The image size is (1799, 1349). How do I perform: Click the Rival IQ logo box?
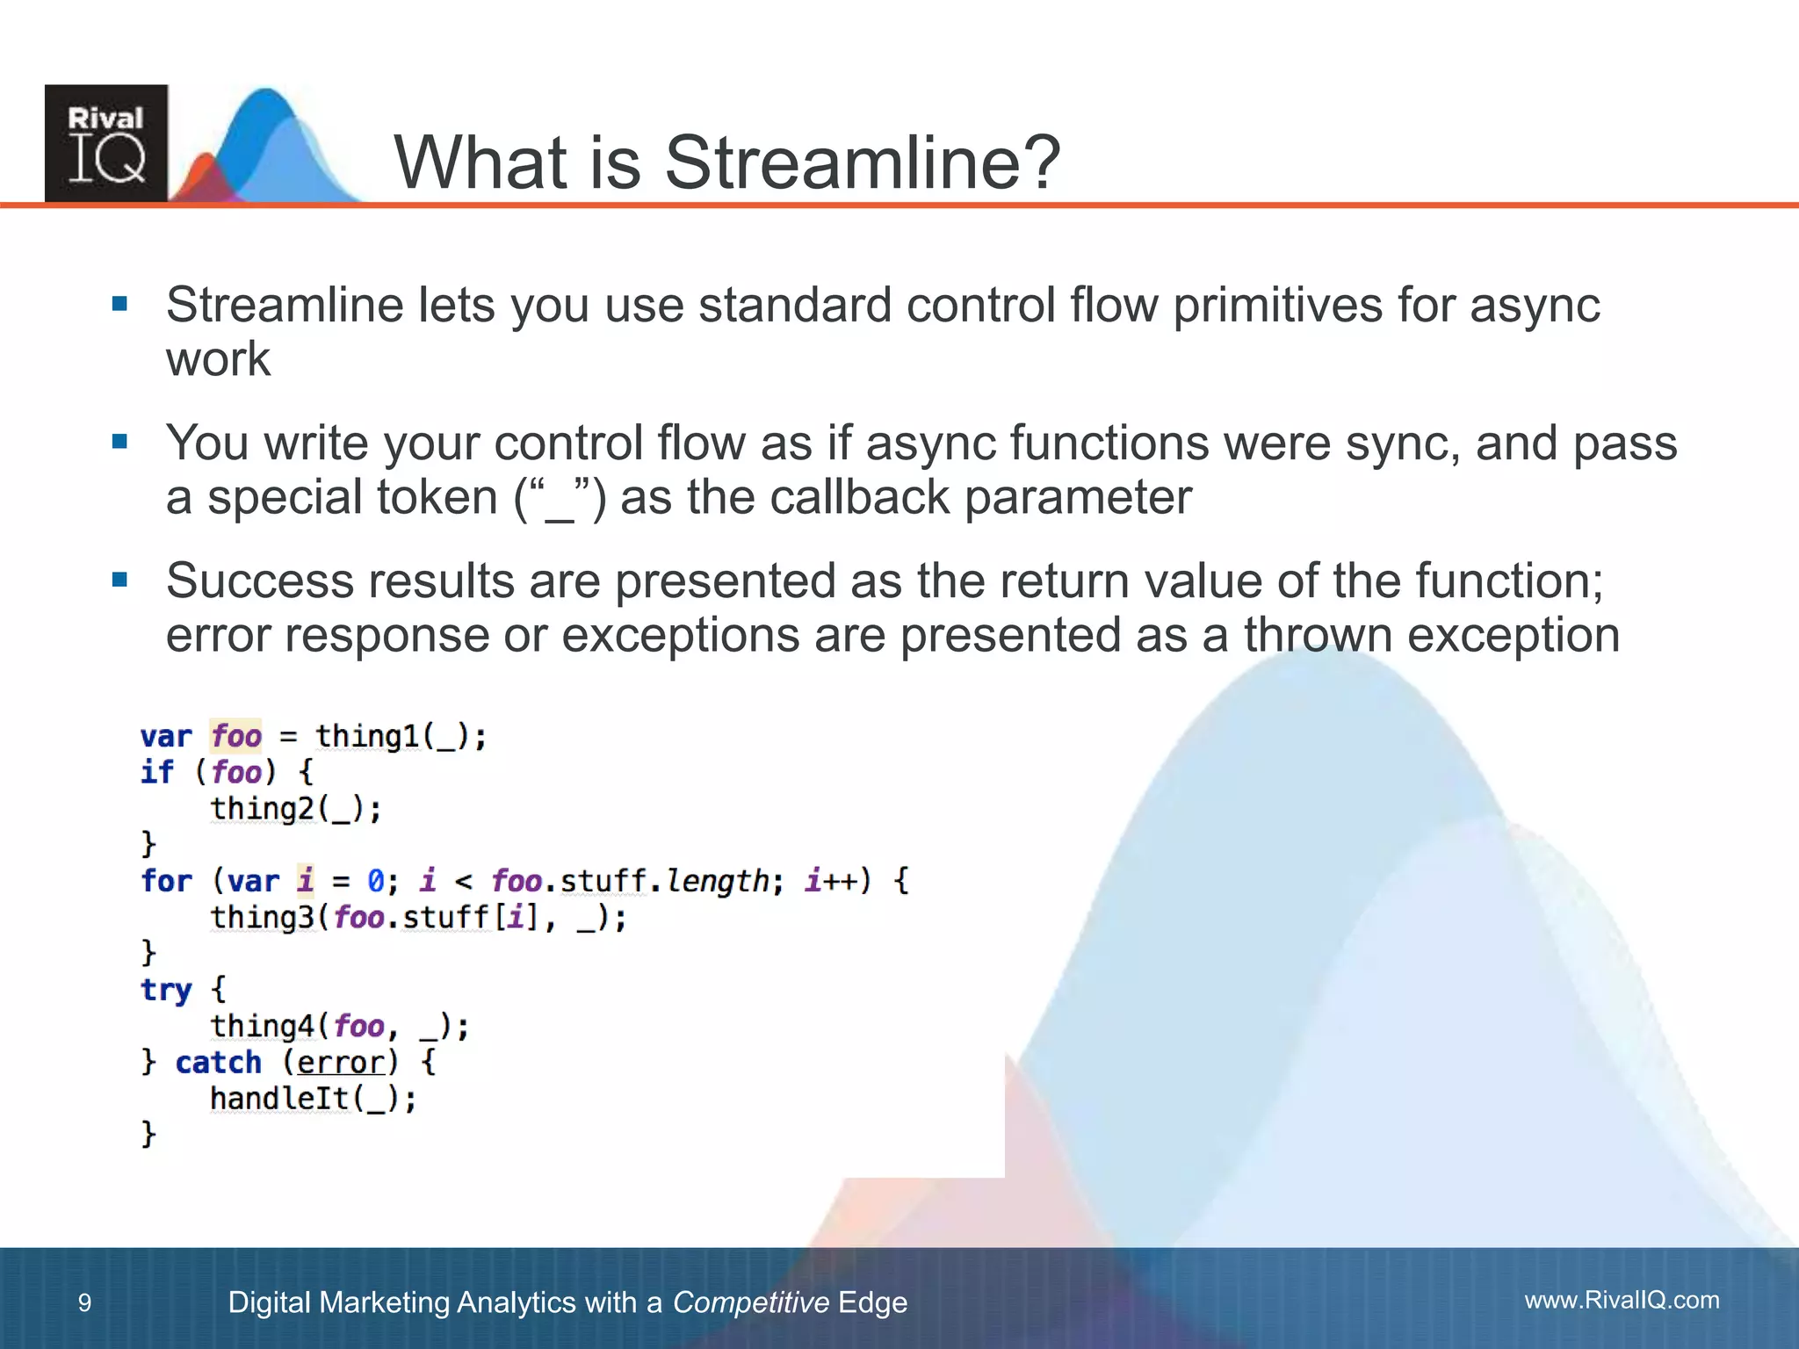point(106,143)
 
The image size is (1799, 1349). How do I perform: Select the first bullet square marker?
point(120,305)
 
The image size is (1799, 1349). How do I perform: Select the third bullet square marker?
point(120,581)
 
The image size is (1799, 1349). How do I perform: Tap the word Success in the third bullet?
point(259,581)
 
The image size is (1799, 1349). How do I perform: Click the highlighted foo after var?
point(236,736)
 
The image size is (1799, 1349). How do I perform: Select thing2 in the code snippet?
point(262,808)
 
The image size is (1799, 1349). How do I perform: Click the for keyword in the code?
point(166,881)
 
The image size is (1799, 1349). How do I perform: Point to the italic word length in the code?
point(717,881)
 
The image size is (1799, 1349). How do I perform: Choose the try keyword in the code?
point(166,990)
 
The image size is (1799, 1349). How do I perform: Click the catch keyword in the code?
point(218,1063)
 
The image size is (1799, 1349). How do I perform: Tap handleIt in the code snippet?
point(279,1099)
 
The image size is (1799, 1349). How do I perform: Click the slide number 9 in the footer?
point(84,1302)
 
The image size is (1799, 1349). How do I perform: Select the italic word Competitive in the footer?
point(750,1302)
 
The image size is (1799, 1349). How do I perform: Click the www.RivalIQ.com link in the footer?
point(1622,1300)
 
